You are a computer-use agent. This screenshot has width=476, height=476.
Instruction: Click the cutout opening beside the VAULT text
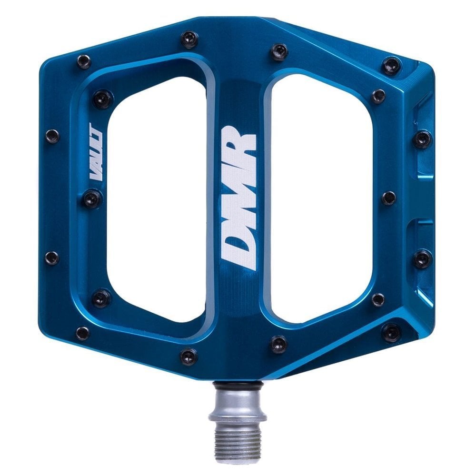pyautogui.click(x=155, y=200)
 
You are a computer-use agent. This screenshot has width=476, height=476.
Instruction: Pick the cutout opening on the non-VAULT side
pyautogui.click(x=321, y=200)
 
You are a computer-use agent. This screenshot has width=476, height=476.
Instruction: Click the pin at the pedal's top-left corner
pyautogui.click(x=84, y=61)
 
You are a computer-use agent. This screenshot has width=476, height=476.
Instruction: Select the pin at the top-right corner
pyautogui.click(x=392, y=65)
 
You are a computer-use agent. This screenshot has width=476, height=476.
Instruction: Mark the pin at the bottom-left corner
pyautogui.click(x=83, y=333)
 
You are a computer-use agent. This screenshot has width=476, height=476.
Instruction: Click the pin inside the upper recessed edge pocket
pyautogui.click(x=422, y=139)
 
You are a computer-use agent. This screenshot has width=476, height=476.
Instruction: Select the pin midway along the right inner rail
pyautogui.click(x=388, y=198)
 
